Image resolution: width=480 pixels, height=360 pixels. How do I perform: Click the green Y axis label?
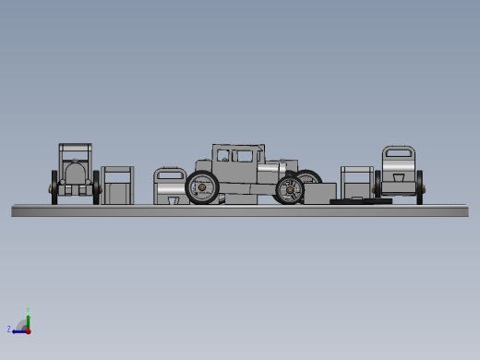point(29,310)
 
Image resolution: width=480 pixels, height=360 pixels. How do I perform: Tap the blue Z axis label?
point(9,329)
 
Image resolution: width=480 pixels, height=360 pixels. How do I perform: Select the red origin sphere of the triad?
point(28,330)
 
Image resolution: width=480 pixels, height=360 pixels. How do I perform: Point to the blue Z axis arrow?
point(18,330)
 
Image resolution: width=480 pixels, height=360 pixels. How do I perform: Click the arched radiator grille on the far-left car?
point(75,173)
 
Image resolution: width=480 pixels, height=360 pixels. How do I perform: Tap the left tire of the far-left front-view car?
point(55,186)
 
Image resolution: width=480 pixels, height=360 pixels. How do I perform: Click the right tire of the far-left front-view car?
point(96,186)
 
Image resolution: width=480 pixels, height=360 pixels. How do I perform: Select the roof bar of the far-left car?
point(75,146)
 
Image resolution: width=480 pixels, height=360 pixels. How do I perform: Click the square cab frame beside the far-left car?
point(117,185)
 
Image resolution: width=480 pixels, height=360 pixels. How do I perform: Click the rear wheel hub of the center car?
point(203,188)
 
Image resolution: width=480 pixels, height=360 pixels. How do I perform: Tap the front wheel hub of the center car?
point(289,190)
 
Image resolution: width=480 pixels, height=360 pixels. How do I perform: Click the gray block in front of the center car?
point(319,193)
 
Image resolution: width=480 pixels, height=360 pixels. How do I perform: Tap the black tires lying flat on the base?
point(361,199)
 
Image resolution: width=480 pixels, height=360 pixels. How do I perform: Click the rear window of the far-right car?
point(398,154)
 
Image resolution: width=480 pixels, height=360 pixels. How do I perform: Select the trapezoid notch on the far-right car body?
point(398,176)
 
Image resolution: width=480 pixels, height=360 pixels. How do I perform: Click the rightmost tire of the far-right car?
point(420,186)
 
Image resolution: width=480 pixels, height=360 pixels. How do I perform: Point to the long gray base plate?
point(240,211)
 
